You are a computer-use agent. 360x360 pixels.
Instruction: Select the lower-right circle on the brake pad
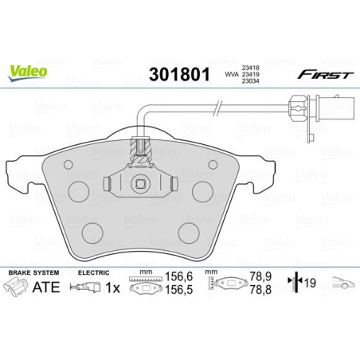tap(189, 232)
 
